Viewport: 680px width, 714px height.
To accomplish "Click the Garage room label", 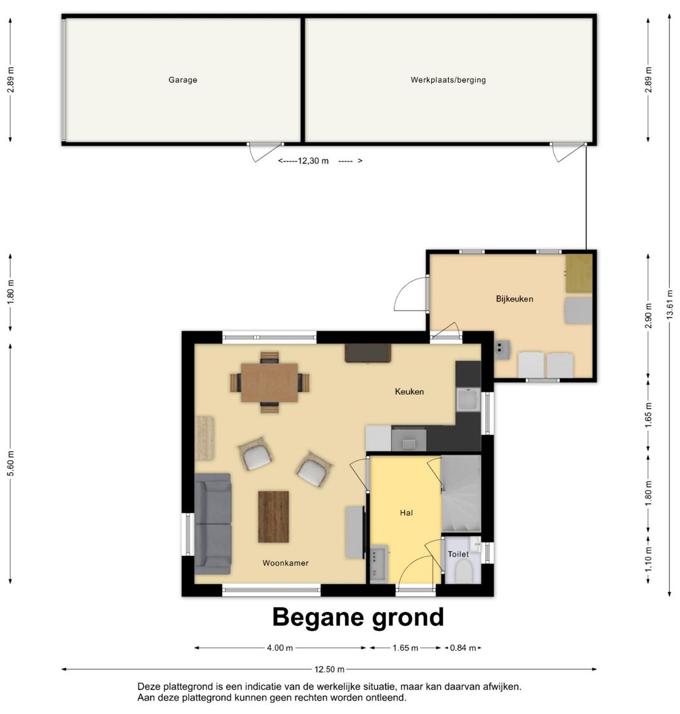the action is pos(183,80).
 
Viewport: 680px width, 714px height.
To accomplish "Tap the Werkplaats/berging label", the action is pos(448,80).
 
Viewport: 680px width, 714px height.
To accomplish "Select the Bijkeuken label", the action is pos(514,299).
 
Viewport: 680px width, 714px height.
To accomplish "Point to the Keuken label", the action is pos(409,392).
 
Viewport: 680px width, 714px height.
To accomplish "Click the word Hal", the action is pos(406,513).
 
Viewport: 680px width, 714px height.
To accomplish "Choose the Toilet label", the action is pos(458,554).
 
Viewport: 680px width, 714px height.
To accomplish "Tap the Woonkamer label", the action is pos(286,564).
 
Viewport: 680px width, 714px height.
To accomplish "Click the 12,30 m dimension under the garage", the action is pos(313,161).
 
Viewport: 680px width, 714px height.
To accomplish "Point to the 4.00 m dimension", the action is pos(280,648).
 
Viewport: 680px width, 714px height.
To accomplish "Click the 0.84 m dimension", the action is pos(463,648).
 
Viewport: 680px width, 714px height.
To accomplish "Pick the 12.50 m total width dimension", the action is pos(329,669).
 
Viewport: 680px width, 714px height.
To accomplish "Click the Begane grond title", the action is pos(358,618).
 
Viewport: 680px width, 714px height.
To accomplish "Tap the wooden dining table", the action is pos(269,383).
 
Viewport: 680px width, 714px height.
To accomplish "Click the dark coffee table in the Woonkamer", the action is pos(273,516).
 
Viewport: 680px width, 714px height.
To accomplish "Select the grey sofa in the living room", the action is pos(213,524).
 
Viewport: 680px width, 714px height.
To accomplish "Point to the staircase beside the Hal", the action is pos(461,494).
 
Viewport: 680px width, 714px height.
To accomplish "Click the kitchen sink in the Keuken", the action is pos(468,400).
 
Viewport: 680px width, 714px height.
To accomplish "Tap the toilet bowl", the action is pos(463,571).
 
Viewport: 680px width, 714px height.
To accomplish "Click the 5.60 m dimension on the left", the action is pos(11,463).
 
